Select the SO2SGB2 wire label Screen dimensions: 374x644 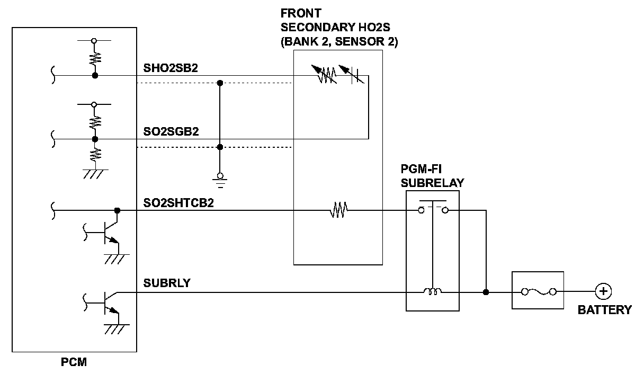pos(171,132)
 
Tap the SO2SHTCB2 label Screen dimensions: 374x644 pos(178,203)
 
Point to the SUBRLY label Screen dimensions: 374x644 pos(167,283)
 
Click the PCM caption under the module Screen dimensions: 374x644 pos(74,363)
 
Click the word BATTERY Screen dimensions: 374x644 pos(604,310)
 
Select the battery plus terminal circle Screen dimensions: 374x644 pos(603,291)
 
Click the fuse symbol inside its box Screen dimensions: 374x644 pos(538,291)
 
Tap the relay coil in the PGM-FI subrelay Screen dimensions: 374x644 pos(432,291)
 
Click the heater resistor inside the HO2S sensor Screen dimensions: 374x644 pos(338,211)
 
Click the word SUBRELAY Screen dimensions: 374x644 pos(432,183)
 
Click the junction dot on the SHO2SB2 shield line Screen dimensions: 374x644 pos(220,83)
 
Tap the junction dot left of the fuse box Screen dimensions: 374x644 pos(486,292)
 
